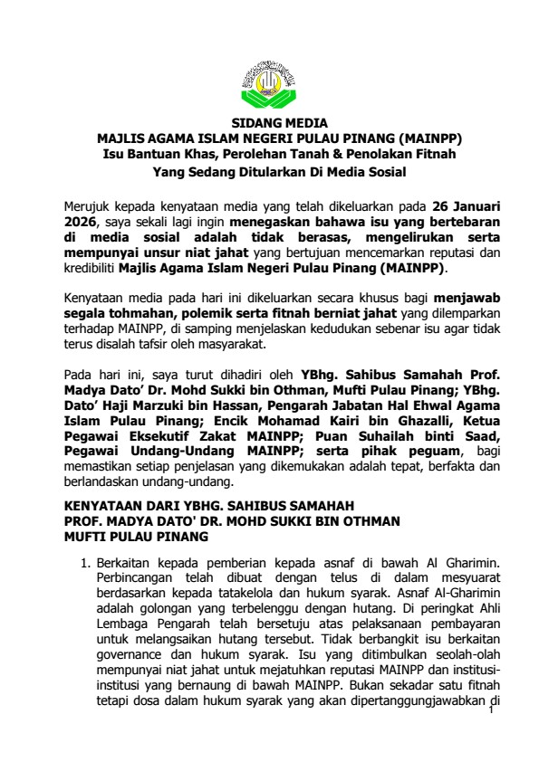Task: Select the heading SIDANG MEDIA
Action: pyautogui.click(x=269, y=123)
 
